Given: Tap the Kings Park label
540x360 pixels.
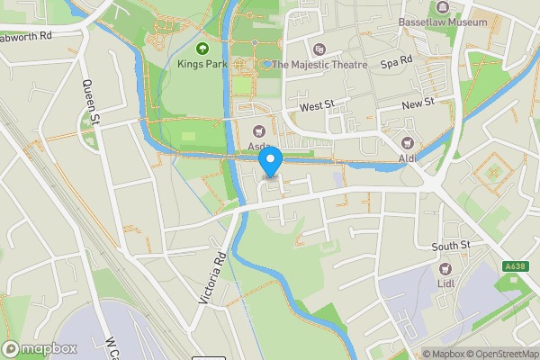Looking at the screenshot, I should tap(202, 65).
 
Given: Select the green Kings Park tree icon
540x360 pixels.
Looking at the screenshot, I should tap(202, 49).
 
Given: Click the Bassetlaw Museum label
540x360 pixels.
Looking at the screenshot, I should tap(444, 21).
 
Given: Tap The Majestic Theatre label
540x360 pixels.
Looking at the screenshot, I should tap(320, 65).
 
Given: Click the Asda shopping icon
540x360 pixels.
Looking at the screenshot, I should tap(259, 130).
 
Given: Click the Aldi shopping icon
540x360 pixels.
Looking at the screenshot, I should tap(408, 143).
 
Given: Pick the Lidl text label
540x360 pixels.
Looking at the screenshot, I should tap(445, 284).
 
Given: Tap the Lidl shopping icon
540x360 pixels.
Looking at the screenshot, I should tap(445, 268).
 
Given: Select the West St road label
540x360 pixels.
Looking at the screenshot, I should tap(317, 106).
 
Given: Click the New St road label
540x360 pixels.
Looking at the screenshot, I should tap(418, 104).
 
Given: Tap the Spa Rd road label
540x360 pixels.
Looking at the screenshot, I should tap(396, 62).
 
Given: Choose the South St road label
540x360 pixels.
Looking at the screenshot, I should tap(451, 246).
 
